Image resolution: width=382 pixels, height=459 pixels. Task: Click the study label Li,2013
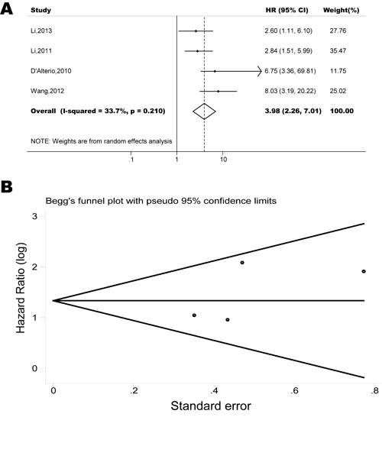pyautogui.click(x=41, y=31)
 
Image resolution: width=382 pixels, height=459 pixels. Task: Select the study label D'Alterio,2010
pyautogui.click(x=51, y=71)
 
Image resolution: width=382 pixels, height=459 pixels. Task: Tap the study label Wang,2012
pyautogui.click(x=47, y=91)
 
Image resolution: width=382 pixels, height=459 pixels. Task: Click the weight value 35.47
pyautogui.click(x=338, y=50)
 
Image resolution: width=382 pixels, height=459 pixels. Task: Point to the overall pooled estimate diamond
pyautogui.click(x=204, y=112)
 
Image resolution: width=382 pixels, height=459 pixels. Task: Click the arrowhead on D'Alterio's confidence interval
pyautogui.click(x=259, y=71)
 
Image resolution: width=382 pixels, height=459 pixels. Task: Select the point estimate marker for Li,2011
pyautogui.click(x=197, y=51)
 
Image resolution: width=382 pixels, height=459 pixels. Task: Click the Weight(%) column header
pyautogui.click(x=341, y=10)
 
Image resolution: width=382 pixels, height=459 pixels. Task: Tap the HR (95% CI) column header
pyautogui.click(x=286, y=10)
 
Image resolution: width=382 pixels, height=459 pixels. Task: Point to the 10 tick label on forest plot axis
pyautogui.click(x=223, y=160)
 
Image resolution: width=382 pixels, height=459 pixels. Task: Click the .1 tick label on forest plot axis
pyautogui.click(x=131, y=160)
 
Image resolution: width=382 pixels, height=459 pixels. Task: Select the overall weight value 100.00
pyautogui.click(x=342, y=111)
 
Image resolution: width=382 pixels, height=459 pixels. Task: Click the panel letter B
pyautogui.click(x=7, y=187)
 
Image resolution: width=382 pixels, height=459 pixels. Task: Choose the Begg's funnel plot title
pyautogui.click(x=161, y=201)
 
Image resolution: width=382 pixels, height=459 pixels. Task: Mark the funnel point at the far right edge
pyautogui.click(x=364, y=271)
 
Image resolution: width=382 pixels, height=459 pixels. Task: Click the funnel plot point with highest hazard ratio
pyautogui.click(x=242, y=263)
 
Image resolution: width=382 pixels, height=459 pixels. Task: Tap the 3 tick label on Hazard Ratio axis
pyautogui.click(x=35, y=216)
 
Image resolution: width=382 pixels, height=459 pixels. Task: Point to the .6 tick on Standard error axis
pyautogui.click(x=294, y=391)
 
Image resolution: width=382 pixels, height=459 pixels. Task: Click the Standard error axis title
pyautogui.click(x=211, y=406)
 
